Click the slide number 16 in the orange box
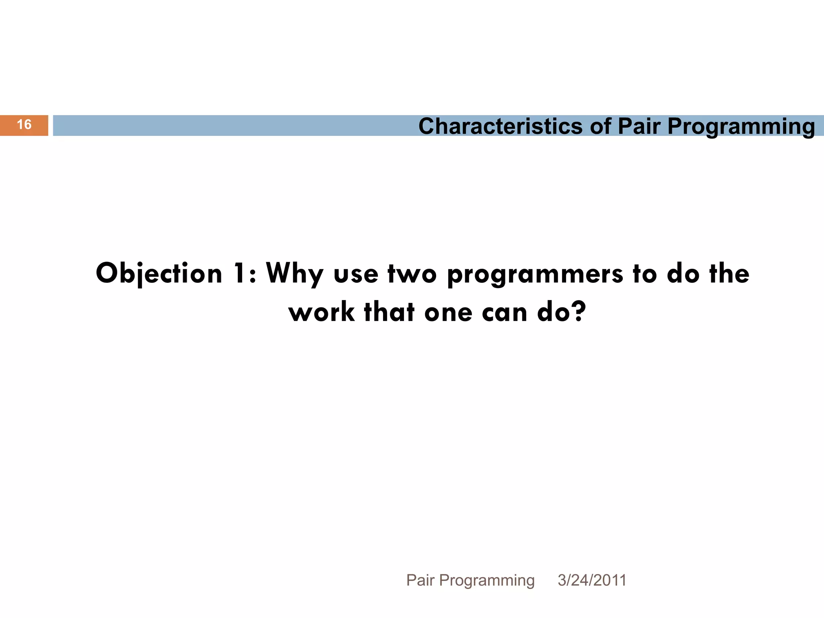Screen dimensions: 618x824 (x=24, y=125)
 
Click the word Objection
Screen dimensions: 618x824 (x=159, y=274)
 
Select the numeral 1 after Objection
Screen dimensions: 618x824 (x=241, y=274)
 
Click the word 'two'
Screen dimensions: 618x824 (x=412, y=274)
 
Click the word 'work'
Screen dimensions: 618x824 (x=322, y=312)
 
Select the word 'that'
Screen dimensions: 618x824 (x=389, y=312)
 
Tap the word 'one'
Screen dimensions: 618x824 (x=448, y=313)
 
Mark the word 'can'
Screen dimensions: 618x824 (x=505, y=313)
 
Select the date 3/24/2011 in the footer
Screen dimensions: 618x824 (x=592, y=580)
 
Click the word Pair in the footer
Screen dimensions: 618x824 (x=420, y=580)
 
